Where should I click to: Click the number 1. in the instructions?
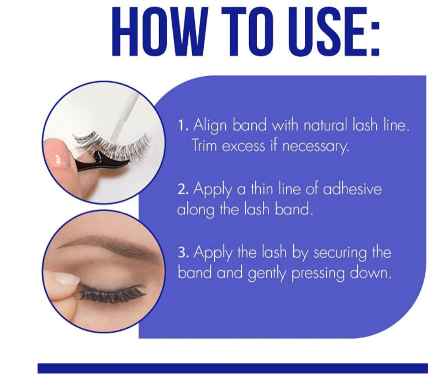[183, 126]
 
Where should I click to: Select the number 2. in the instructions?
[183, 189]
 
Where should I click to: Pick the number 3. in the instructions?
[183, 253]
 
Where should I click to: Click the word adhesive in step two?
[352, 189]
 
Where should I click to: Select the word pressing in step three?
[318, 274]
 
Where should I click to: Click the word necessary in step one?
[316, 147]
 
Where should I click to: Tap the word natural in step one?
[325, 125]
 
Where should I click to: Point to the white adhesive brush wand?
[125, 118]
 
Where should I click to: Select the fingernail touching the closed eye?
[66, 279]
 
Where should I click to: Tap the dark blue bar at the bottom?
[233, 368]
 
